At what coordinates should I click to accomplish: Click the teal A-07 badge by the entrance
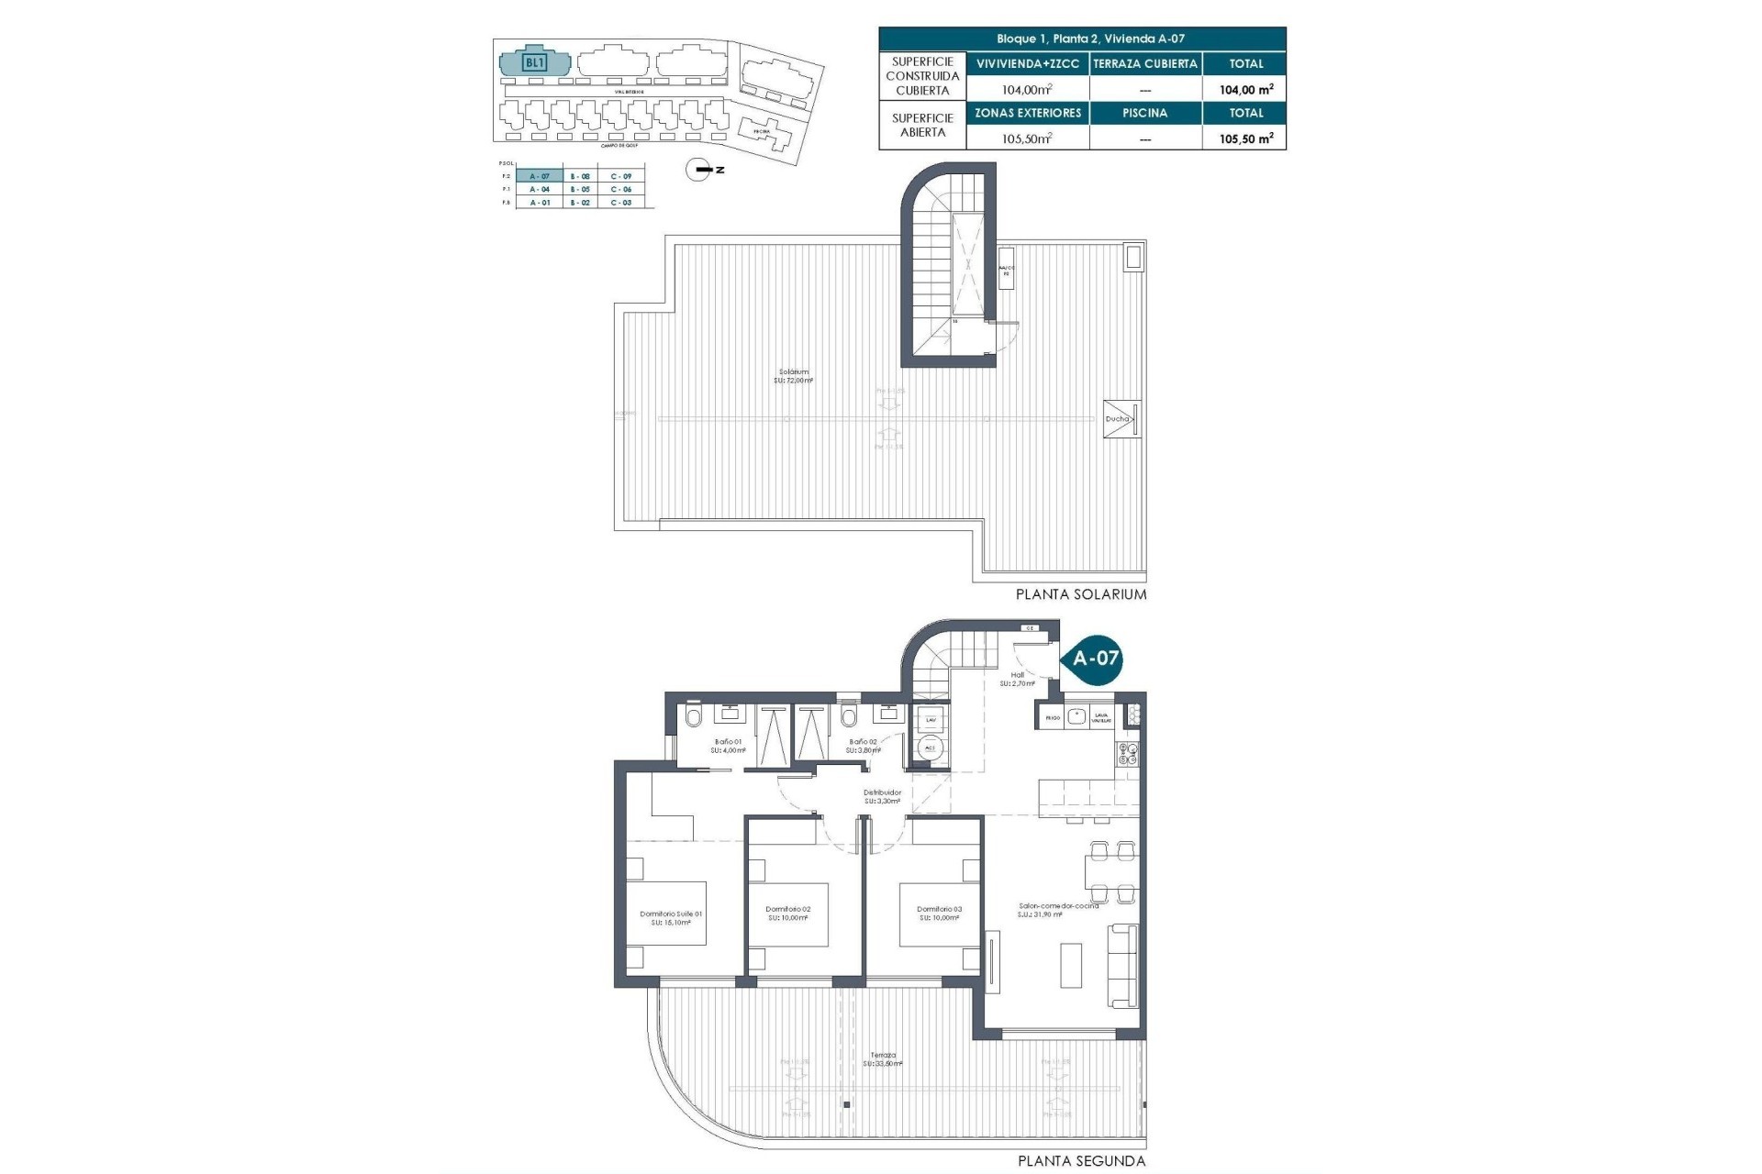1095,658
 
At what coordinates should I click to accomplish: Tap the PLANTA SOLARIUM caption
1080,594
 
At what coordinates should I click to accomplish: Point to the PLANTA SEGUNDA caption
1081,1161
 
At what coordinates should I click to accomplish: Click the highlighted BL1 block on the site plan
534,63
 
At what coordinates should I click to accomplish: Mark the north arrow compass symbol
700,170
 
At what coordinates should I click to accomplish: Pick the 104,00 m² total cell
1244,90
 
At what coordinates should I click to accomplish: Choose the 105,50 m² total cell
1244,138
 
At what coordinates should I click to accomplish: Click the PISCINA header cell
1144,113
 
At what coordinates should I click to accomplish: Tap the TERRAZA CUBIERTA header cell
1144,63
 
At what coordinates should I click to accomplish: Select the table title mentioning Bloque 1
1082,39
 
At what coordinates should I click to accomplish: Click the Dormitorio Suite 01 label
671,918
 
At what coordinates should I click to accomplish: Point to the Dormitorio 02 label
788,914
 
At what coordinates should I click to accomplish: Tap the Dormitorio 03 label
939,914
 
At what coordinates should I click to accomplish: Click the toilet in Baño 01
694,716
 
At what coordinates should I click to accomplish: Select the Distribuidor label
882,796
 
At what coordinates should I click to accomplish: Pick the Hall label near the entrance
1017,679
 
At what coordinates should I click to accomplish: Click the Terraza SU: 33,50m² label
883,1059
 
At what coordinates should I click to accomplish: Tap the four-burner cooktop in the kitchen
1127,754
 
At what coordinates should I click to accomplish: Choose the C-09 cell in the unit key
620,176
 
